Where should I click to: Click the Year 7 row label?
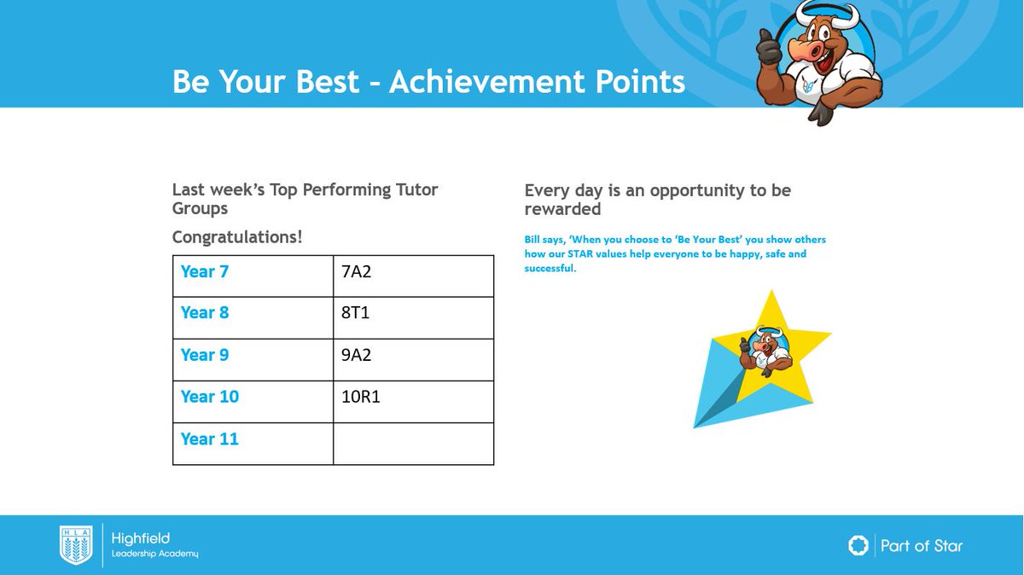(x=205, y=272)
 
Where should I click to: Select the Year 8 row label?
(x=205, y=313)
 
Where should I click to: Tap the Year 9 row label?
(x=205, y=355)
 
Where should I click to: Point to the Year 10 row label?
(x=209, y=397)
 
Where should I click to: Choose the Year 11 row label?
(x=209, y=439)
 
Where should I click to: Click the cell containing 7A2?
(x=413, y=276)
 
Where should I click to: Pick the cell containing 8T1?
(x=413, y=317)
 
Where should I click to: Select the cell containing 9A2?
(x=413, y=359)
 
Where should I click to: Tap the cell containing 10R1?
(x=413, y=401)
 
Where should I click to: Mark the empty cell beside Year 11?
(x=413, y=444)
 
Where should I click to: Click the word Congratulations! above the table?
(x=237, y=236)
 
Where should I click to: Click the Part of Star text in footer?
(x=921, y=546)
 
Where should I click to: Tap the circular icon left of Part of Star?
(x=858, y=546)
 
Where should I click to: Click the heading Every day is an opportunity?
(x=657, y=200)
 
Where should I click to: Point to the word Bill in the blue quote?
(x=533, y=240)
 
